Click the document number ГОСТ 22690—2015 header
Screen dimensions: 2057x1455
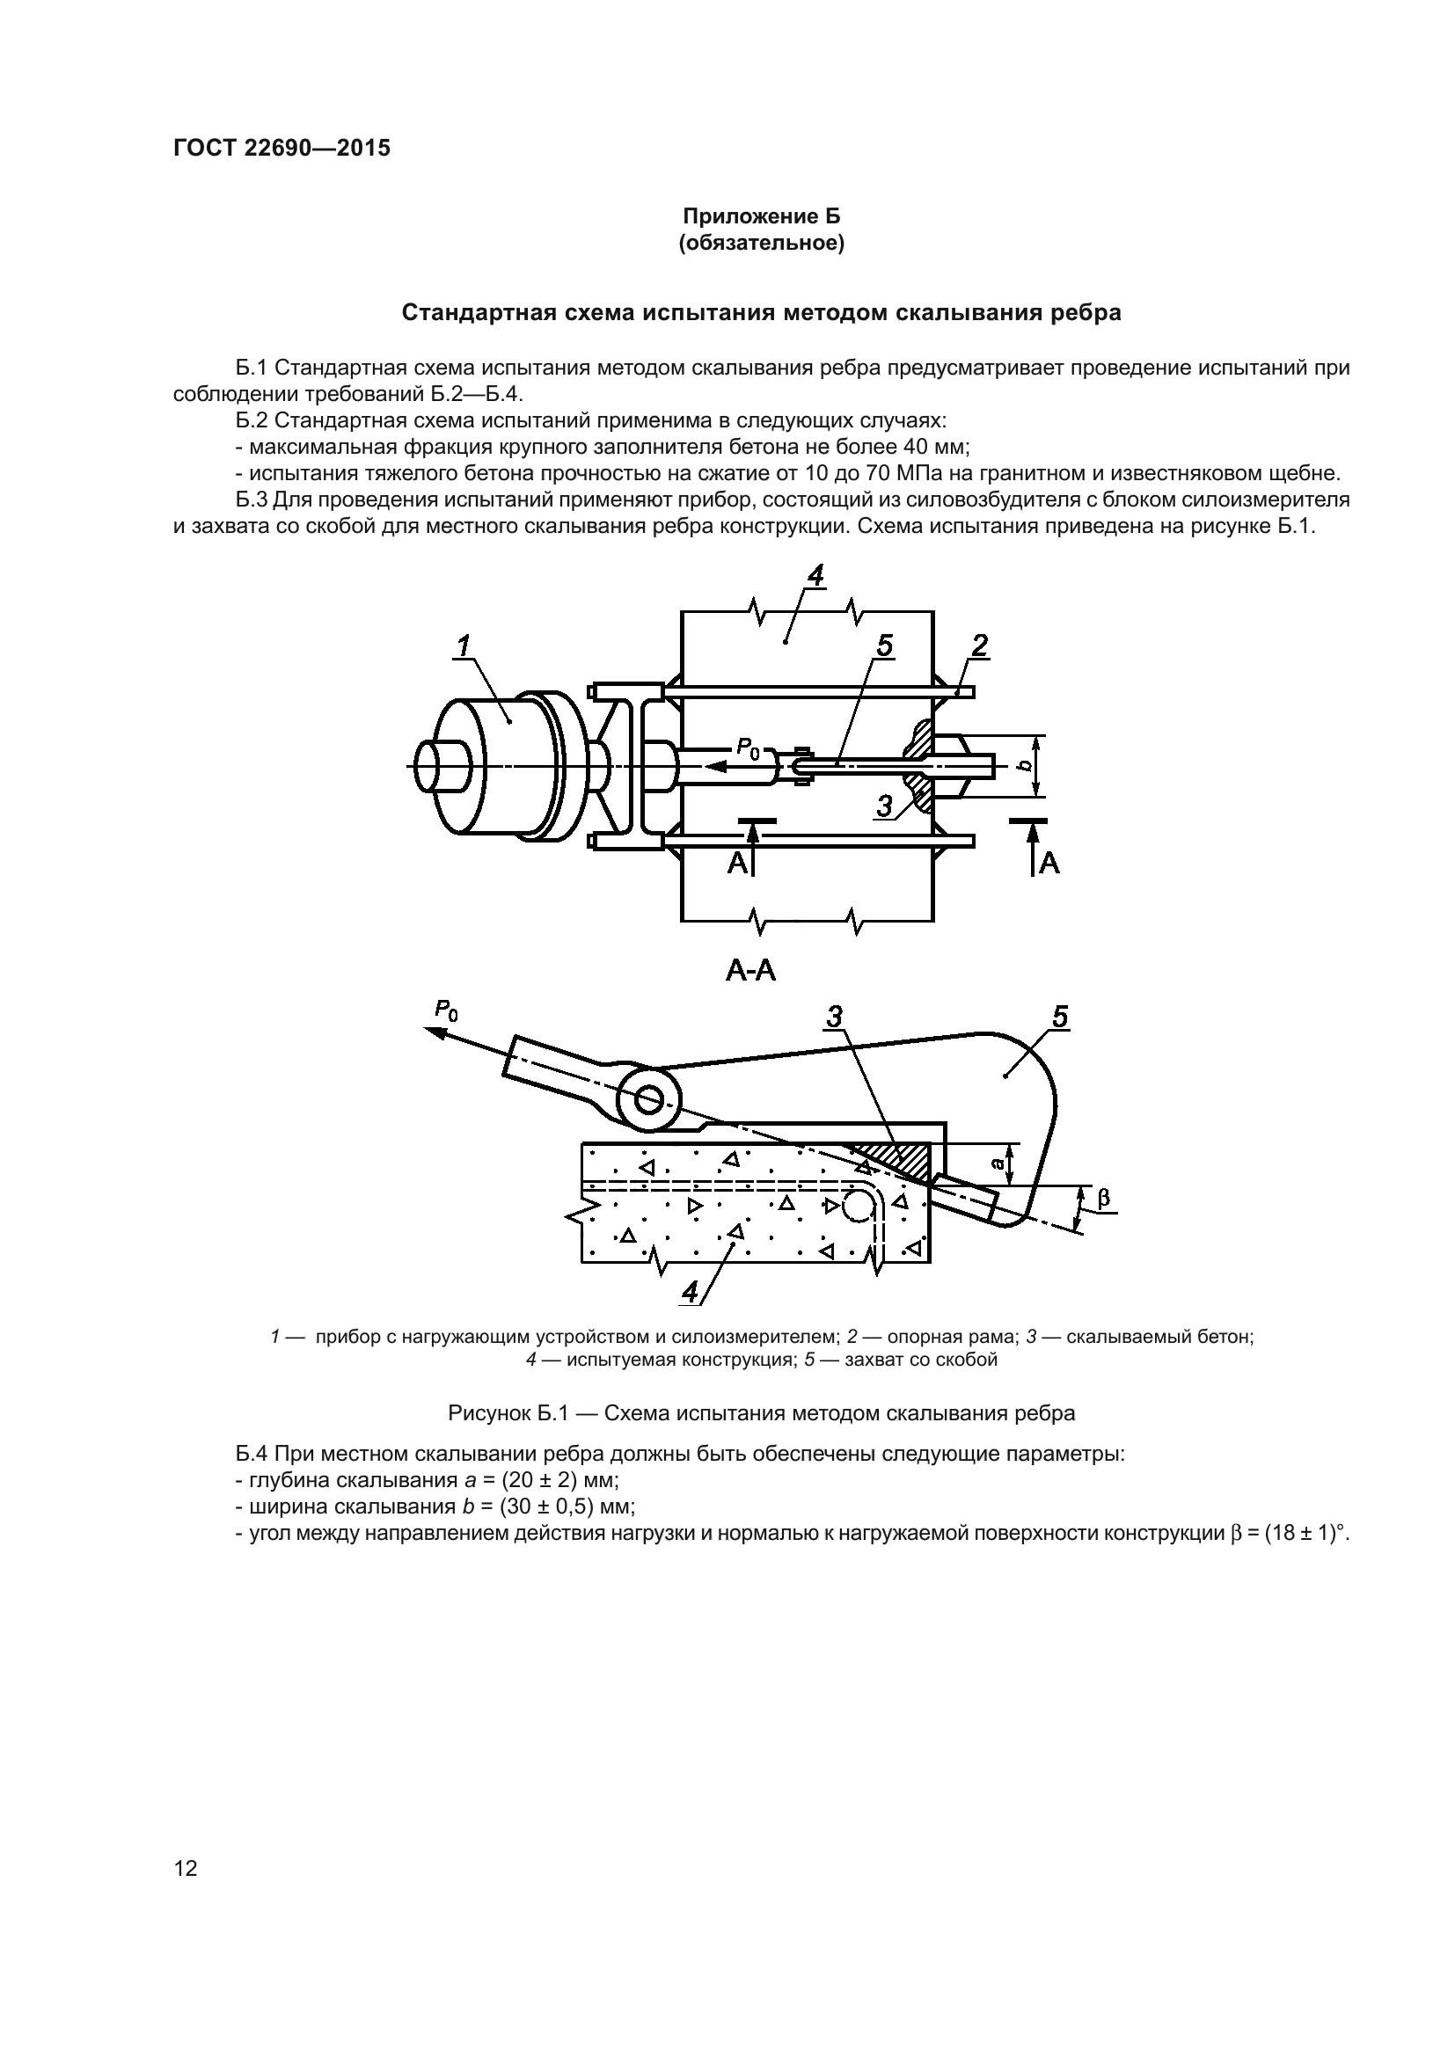[x=281, y=149]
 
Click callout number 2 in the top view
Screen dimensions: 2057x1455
[x=979, y=645]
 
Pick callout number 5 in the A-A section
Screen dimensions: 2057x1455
[x=1061, y=1017]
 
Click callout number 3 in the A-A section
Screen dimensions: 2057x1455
[x=834, y=1017]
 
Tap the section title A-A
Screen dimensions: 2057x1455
[x=749, y=971]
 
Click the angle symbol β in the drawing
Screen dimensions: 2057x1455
[x=1104, y=1197]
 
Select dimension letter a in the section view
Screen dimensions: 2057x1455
[x=998, y=1163]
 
